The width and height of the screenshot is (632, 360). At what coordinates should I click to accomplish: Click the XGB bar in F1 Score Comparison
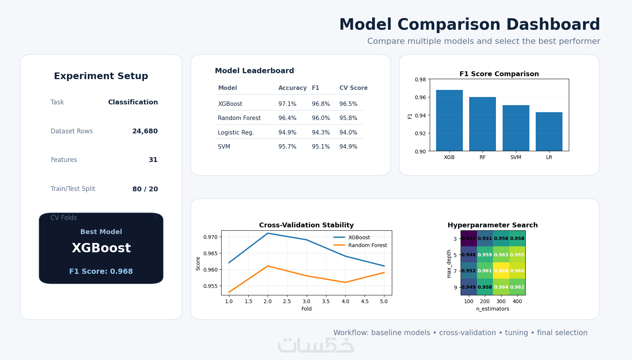tap(449, 120)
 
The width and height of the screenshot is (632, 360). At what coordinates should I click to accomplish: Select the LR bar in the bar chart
tap(549, 132)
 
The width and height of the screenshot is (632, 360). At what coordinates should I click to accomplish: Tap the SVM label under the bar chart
tap(516, 157)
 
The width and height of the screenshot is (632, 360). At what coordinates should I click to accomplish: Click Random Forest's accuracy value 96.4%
tap(287, 118)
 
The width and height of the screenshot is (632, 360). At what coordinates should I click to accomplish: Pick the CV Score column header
tap(353, 88)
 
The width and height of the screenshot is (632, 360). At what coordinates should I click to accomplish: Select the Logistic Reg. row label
tap(236, 133)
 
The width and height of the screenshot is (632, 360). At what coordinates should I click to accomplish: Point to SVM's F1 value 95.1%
tap(321, 147)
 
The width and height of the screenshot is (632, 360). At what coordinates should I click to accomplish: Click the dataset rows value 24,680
tap(145, 131)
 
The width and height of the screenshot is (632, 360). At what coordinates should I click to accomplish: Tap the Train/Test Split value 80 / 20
tap(145, 189)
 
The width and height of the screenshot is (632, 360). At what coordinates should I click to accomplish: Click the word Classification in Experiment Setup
tap(133, 102)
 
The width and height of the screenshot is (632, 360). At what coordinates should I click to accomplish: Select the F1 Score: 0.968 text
tap(101, 272)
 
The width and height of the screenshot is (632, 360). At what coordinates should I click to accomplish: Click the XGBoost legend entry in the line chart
tap(359, 237)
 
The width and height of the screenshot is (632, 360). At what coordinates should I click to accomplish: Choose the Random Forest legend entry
tap(367, 245)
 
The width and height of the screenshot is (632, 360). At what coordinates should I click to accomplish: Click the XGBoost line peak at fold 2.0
tap(268, 233)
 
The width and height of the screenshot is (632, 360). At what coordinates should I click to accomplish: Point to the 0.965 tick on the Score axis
tap(210, 253)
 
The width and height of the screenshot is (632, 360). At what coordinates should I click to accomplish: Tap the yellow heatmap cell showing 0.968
tap(501, 271)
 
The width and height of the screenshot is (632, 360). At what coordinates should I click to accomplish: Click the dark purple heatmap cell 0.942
tap(468, 239)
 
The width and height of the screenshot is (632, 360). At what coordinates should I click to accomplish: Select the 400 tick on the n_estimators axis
tap(517, 301)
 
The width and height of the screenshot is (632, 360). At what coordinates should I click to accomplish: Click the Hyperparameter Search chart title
tap(493, 225)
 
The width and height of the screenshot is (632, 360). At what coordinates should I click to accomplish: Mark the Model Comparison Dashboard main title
tap(470, 25)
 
